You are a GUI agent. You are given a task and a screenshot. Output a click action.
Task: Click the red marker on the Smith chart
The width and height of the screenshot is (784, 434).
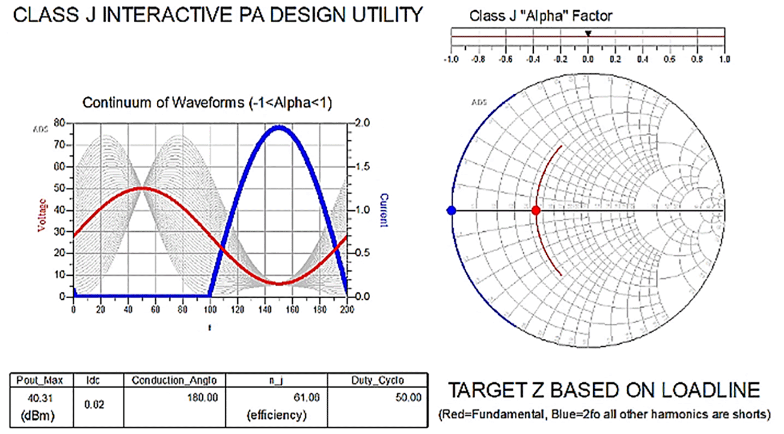point(536,210)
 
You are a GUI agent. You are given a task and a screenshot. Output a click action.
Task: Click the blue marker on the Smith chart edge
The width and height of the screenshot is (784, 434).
point(451,210)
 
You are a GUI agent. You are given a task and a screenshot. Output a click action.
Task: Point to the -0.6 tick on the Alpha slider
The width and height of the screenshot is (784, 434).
point(506,59)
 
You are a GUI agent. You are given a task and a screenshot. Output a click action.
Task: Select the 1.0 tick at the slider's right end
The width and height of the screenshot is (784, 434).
point(724,59)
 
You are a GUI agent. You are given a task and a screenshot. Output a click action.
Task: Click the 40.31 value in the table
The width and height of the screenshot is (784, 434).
point(40,398)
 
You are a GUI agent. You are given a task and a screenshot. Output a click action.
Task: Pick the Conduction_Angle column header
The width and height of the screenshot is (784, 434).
point(174,381)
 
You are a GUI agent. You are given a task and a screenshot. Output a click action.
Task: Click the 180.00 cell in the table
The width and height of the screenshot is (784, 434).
point(202,398)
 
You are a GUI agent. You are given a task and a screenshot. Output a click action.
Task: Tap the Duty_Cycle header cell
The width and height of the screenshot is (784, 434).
point(377,381)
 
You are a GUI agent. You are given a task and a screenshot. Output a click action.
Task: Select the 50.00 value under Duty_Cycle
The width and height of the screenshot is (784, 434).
point(408,398)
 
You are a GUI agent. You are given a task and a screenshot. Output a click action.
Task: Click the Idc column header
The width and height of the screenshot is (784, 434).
point(93,381)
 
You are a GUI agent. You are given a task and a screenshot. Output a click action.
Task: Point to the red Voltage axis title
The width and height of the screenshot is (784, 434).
point(42,215)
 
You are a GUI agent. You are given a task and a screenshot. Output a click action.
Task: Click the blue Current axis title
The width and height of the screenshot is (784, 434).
point(384,210)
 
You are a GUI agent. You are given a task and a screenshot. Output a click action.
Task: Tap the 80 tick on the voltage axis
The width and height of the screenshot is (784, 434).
point(59,123)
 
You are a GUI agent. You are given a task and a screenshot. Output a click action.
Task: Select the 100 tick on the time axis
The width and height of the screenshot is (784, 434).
point(210,309)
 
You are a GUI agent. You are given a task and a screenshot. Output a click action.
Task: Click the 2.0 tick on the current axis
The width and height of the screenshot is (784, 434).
point(362,123)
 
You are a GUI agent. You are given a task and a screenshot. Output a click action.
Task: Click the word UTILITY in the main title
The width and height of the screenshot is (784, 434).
point(387,16)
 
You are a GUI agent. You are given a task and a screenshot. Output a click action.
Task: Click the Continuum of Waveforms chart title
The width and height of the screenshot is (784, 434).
point(207,103)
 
